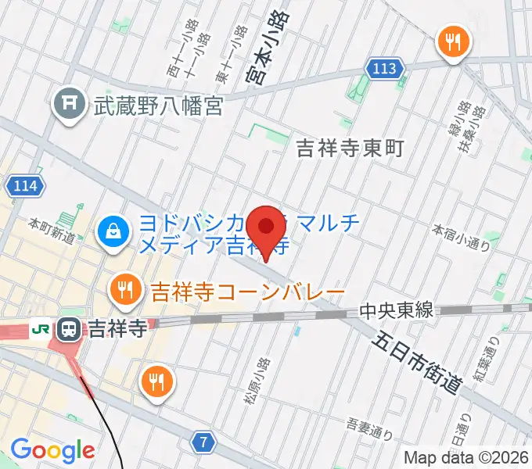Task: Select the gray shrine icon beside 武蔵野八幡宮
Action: pyautogui.click(x=69, y=102)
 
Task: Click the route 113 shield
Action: pyautogui.click(x=384, y=69)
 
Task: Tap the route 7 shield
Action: pyautogui.click(x=204, y=442)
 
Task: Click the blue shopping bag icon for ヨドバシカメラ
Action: pyautogui.click(x=113, y=231)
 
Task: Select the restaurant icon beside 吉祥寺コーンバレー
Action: pyautogui.click(x=125, y=291)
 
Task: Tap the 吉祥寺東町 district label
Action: pyautogui.click(x=350, y=147)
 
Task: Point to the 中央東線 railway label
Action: pyautogui.click(x=396, y=311)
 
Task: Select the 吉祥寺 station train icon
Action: pyautogui.click(x=70, y=328)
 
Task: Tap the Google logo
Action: pyautogui.click(x=52, y=449)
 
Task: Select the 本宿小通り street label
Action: pyautogui.click(x=462, y=238)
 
